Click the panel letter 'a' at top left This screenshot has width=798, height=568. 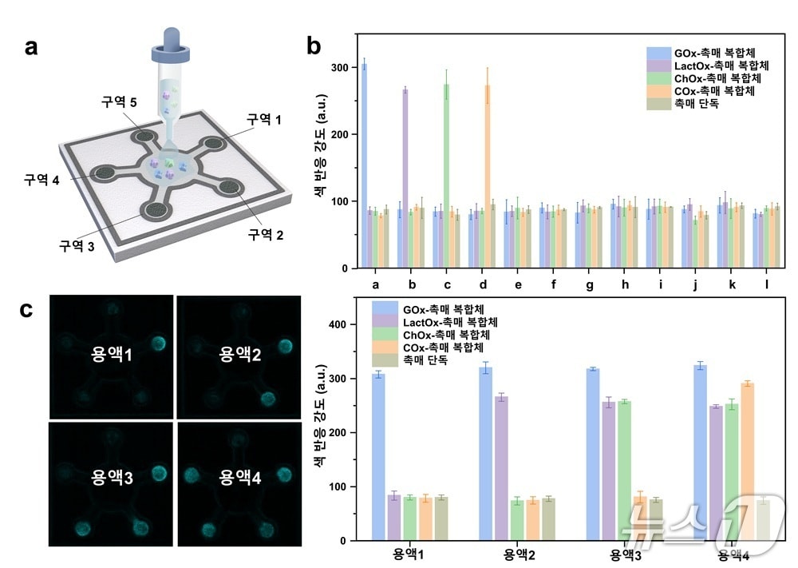[x=31, y=47]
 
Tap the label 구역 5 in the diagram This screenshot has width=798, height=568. [x=118, y=102]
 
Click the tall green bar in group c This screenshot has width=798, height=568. [x=446, y=176]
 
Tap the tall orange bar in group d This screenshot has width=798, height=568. [x=488, y=176]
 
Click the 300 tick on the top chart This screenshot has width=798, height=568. [x=340, y=68]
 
